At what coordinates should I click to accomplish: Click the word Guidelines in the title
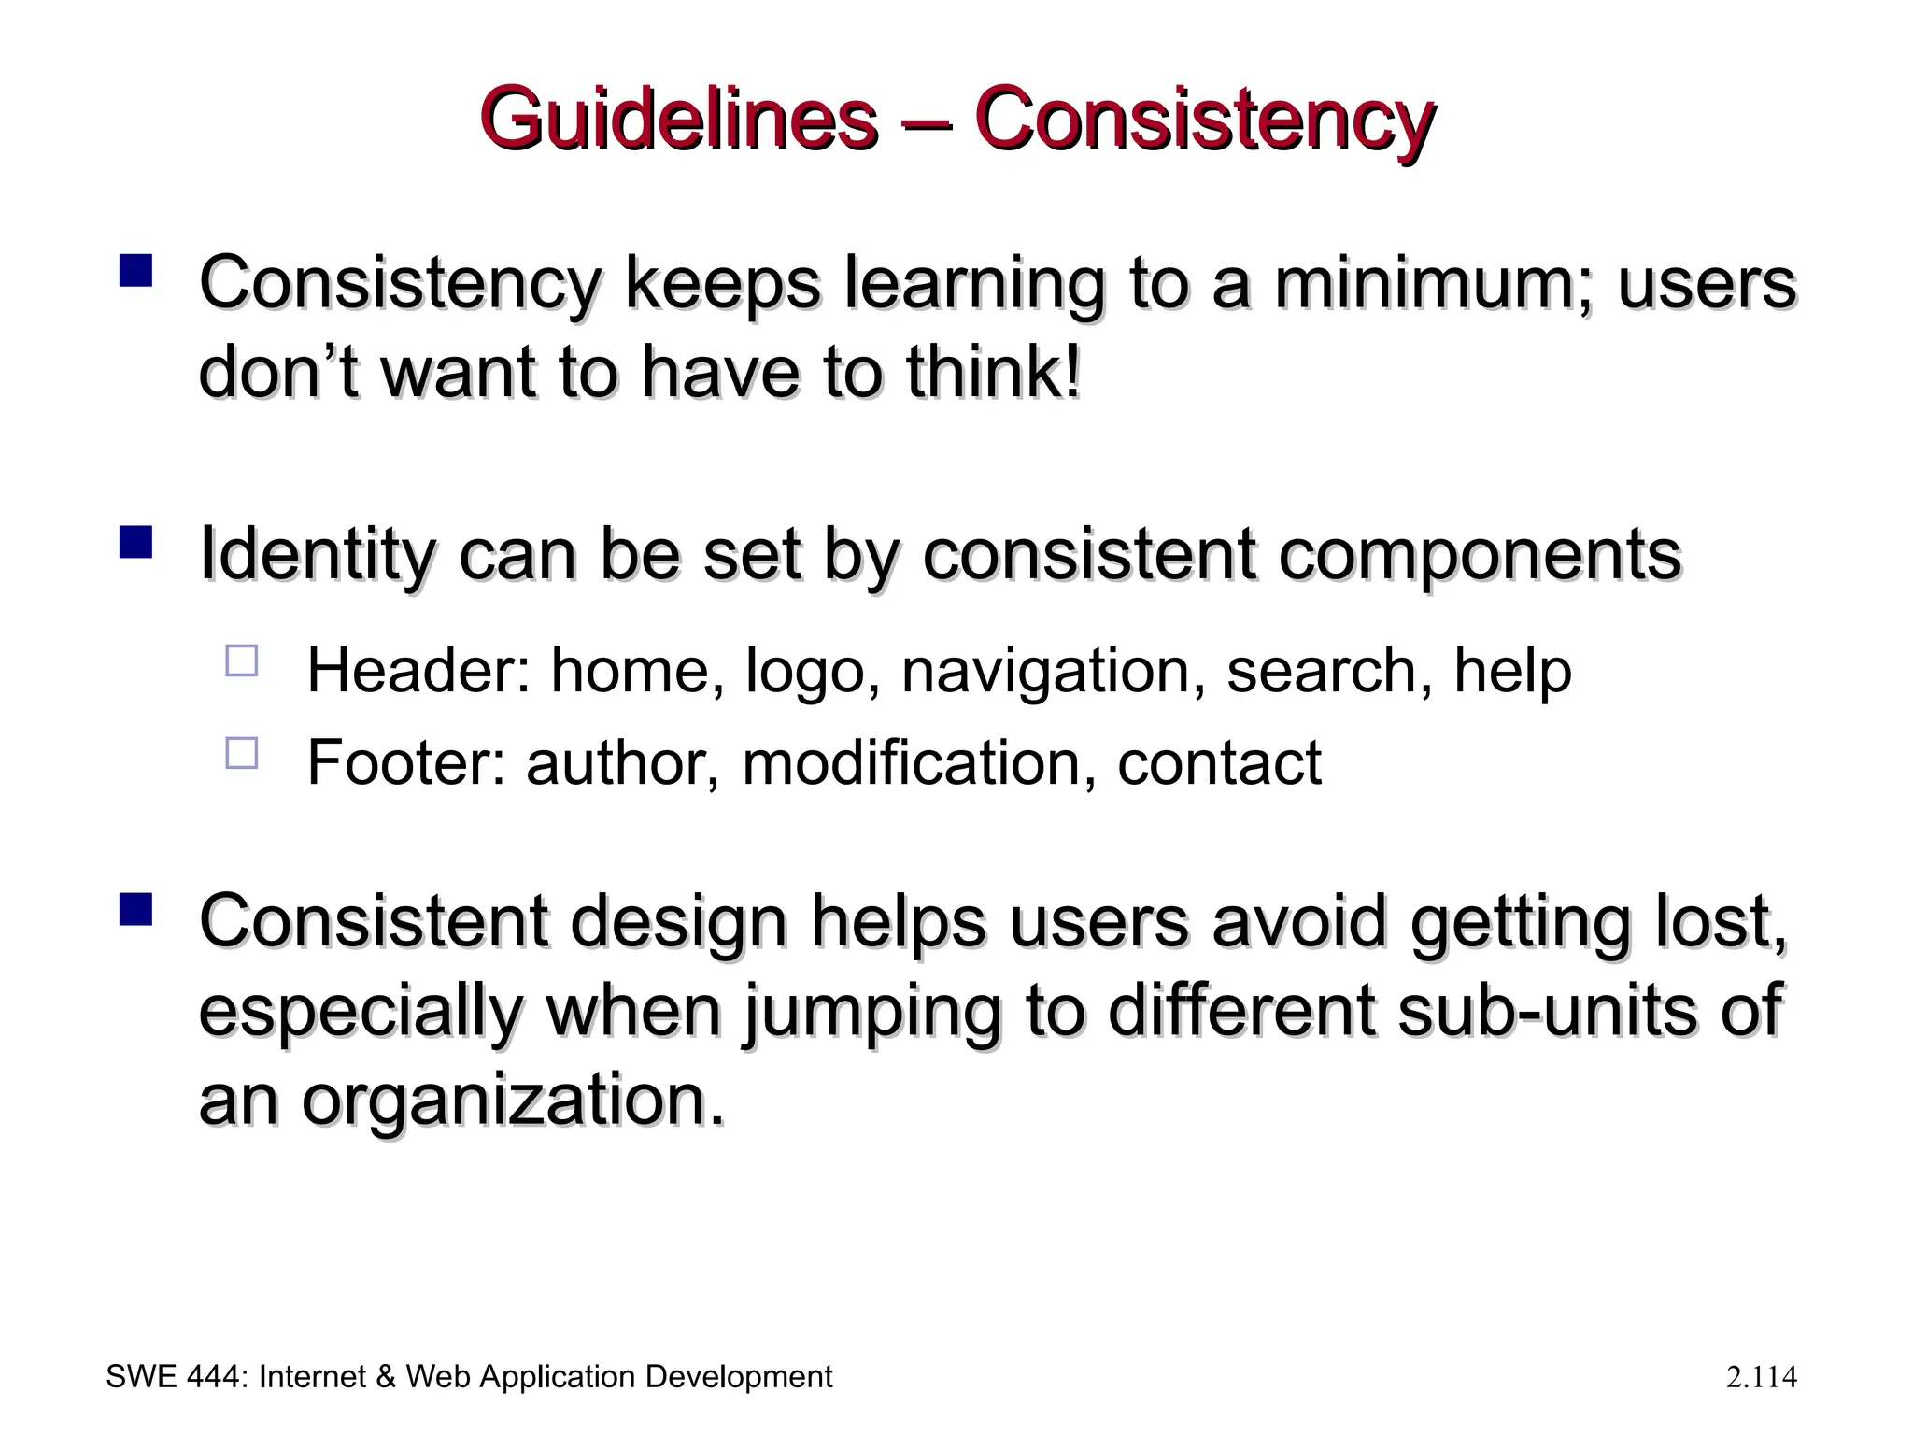point(678,120)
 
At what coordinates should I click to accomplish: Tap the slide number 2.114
point(1761,1377)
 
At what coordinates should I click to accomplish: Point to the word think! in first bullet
point(993,372)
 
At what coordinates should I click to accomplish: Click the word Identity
point(317,555)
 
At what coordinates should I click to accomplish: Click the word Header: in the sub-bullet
point(418,671)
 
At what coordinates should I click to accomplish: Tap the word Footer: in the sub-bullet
point(405,762)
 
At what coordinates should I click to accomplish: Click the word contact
point(1218,762)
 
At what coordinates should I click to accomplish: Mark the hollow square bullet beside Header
point(242,661)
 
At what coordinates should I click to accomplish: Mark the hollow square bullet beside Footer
point(242,752)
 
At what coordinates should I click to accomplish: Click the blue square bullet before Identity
point(136,542)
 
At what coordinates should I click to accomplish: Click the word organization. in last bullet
point(513,1101)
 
